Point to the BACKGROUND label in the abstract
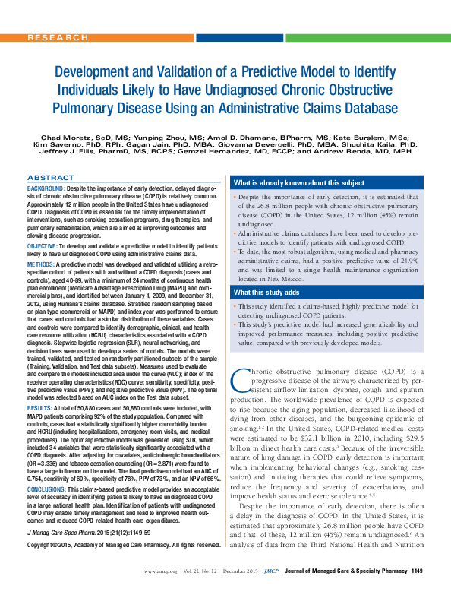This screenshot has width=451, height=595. (x=46, y=187)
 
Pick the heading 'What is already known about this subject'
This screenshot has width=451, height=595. (x=289, y=184)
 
